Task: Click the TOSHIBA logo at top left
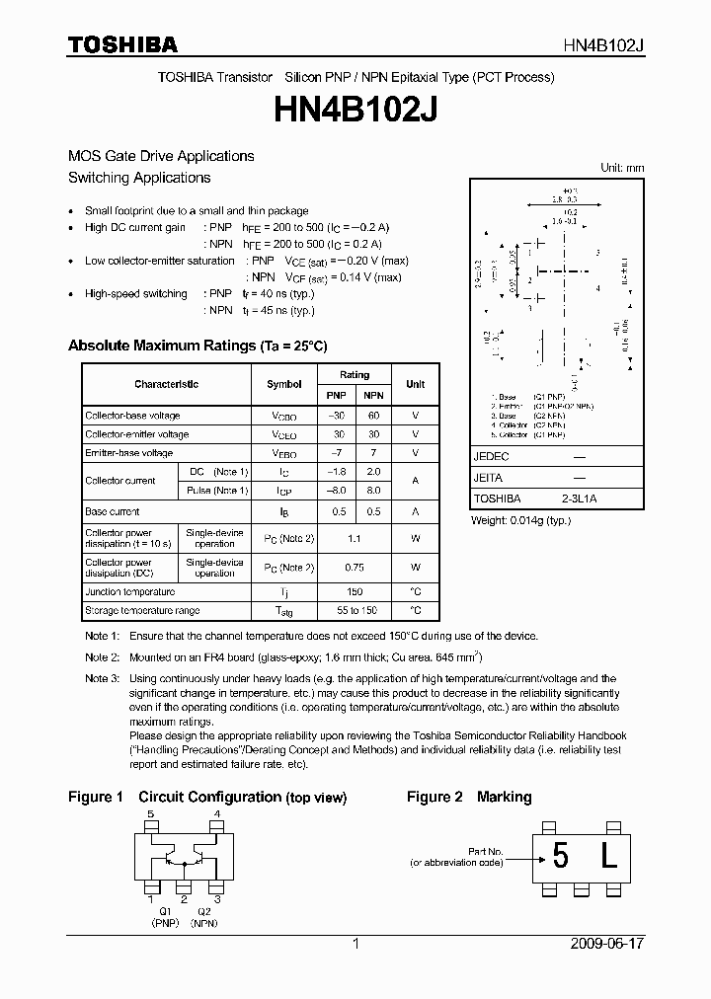click(x=122, y=44)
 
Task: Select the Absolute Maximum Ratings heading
click(x=197, y=346)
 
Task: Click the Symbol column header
click(x=284, y=384)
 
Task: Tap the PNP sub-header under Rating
click(x=337, y=395)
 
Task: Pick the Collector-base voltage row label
click(x=132, y=416)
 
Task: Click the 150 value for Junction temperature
click(x=355, y=591)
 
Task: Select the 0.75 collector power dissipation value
click(x=355, y=568)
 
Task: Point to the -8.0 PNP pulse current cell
click(x=337, y=491)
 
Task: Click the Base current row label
click(x=112, y=511)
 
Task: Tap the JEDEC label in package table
click(x=491, y=457)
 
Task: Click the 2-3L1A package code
click(x=579, y=499)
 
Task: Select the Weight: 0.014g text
click(x=520, y=519)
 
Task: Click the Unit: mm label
click(x=622, y=168)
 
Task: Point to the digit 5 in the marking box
click(x=560, y=857)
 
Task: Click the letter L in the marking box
click(x=608, y=857)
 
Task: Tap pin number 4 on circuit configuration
click(x=216, y=814)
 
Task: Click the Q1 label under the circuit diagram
click(x=165, y=910)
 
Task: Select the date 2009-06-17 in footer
click(x=607, y=944)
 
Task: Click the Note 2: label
click(x=102, y=656)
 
